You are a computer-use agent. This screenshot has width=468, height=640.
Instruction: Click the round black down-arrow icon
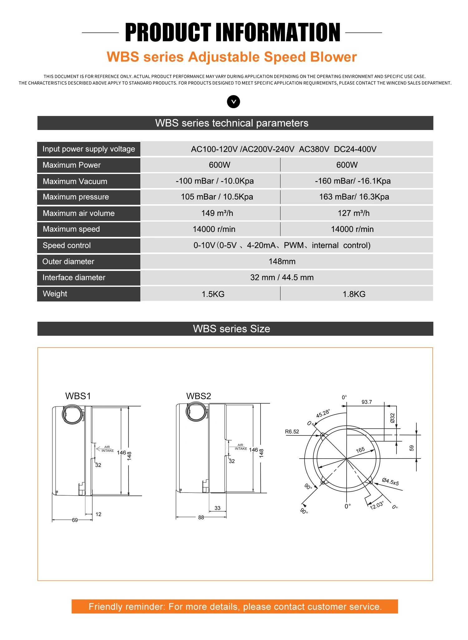tap(233, 102)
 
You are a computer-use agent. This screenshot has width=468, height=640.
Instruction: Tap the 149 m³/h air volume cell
tap(217, 213)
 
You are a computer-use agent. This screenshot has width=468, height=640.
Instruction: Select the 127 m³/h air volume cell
tap(353, 213)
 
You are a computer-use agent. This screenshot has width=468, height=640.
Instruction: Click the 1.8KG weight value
tap(354, 294)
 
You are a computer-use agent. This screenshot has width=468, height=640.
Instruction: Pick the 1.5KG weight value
tap(213, 294)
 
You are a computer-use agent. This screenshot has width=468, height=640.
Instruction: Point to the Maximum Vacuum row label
tap(75, 181)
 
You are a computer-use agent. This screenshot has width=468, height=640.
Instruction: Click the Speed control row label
tap(67, 245)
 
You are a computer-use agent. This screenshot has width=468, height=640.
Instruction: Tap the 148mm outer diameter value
tap(282, 262)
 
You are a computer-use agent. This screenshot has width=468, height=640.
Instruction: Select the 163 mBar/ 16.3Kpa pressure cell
tap(354, 197)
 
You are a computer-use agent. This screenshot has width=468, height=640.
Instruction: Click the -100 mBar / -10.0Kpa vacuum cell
tap(215, 181)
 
